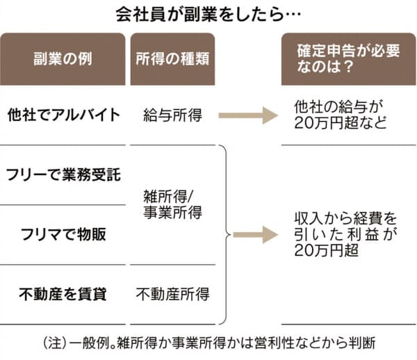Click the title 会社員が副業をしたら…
pyautogui.click(x=208, y=15)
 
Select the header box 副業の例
pyautogui.click(x=63, y=59)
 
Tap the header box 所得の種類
pyautogui.click(x=172, y=59)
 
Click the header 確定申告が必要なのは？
pyautogui.click(x=349, y=59)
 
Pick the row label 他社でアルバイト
pyautogui.click(x=63, y=115)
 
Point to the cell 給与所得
pyautogui.click(x=172, y=115)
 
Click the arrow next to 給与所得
pyautogui.click(x=248, y=115)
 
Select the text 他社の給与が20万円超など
pyautogui.click(x=341, y=115)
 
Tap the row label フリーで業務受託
pyautogui.click(x=63, y=174)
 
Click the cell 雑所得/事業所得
pyautogui.click(x=172, y=204)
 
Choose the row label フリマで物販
pyautogui.click(x=63, y=234)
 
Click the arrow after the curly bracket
pyautogui.click(x=256, y=235)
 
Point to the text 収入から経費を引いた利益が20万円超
pyautogui.click(x=345, y=234)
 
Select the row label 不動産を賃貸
pyautogui.click(x=63, y=295)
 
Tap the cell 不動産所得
pyautogui.click(x=172, y=295)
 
